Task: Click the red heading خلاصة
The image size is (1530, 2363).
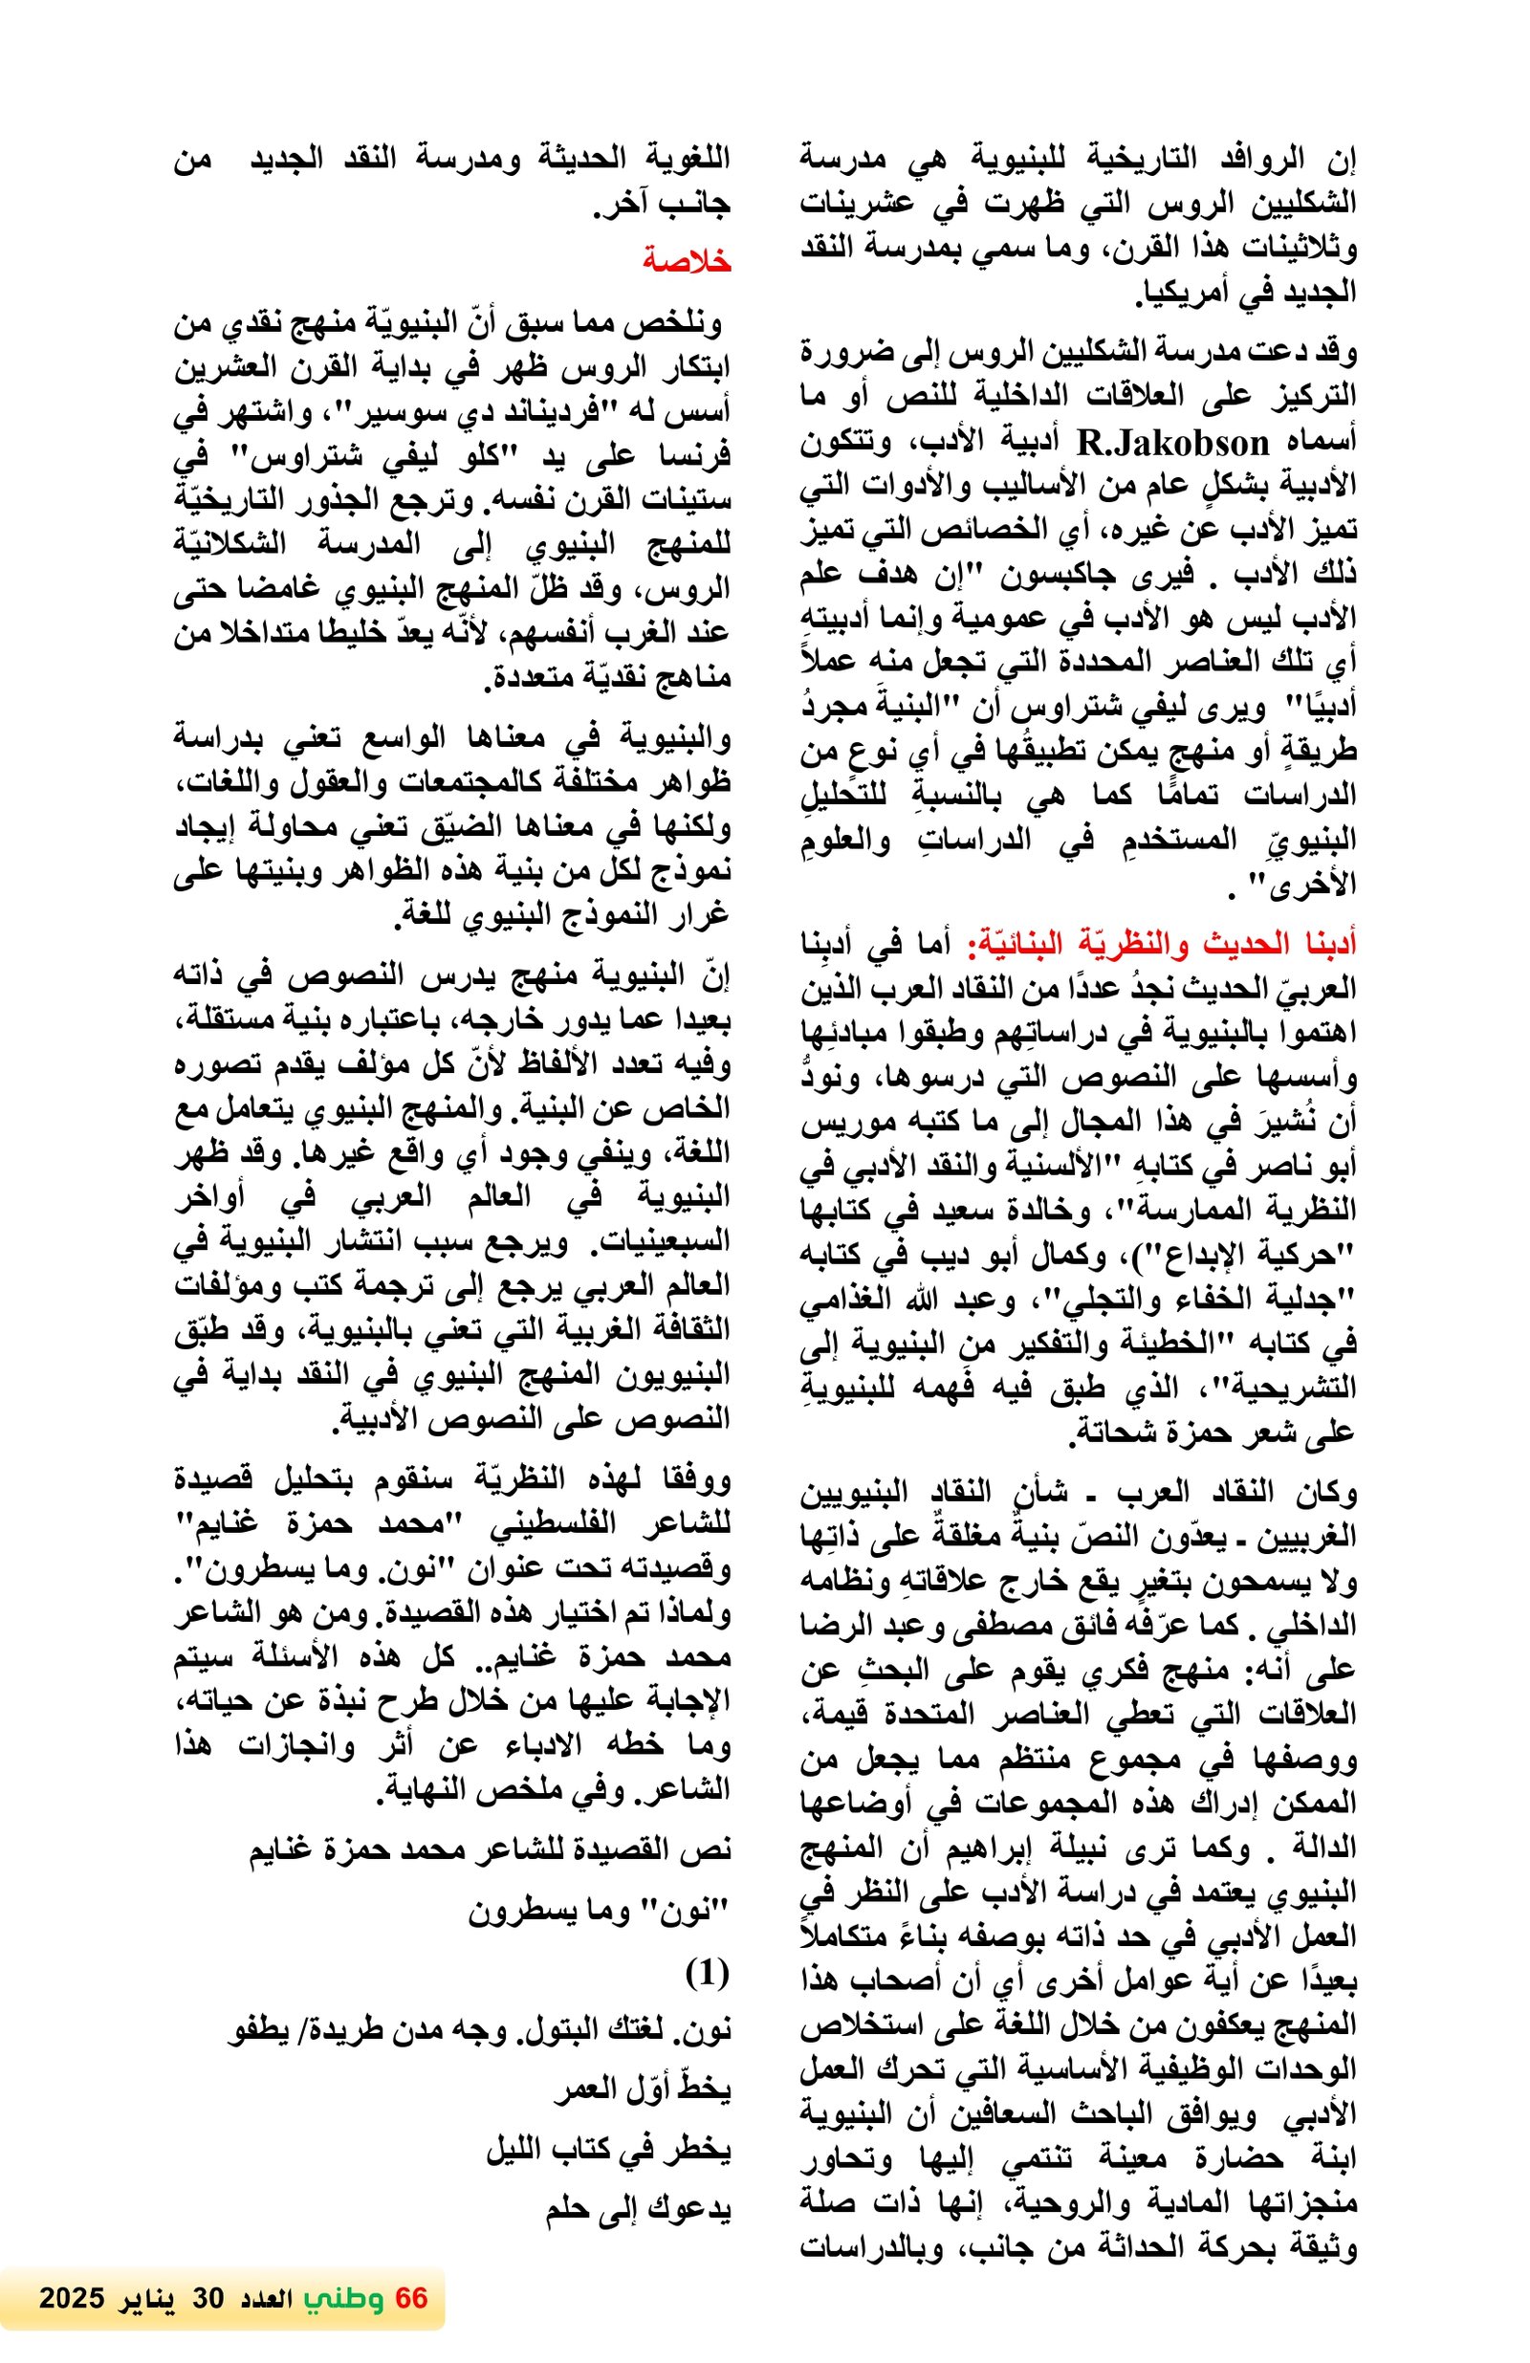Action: [685, 261]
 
